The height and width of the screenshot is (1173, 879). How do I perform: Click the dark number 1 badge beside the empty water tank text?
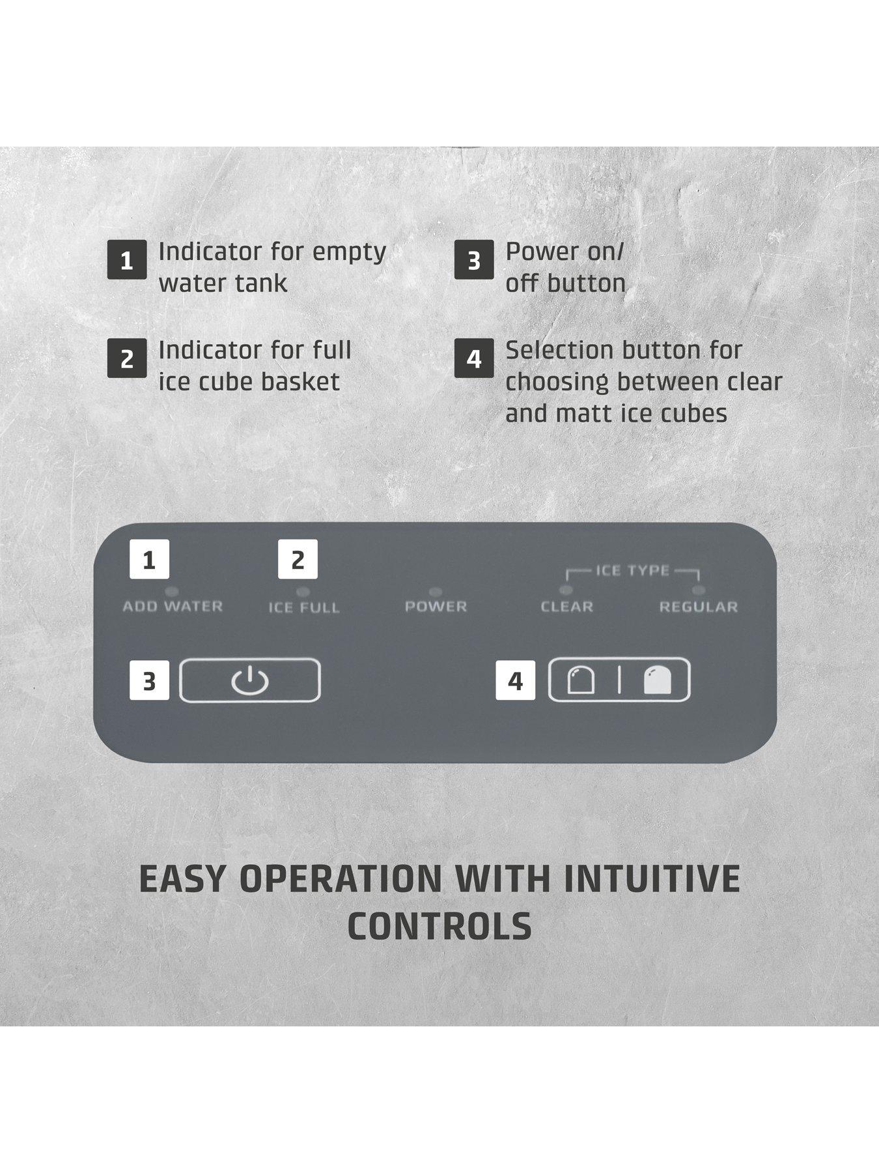127,260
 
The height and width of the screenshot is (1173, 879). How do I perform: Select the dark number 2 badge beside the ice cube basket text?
127,358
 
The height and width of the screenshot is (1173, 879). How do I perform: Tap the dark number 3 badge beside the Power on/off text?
474,260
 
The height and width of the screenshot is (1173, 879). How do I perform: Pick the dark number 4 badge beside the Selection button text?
474,358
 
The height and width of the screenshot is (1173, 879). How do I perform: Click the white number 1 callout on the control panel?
149,559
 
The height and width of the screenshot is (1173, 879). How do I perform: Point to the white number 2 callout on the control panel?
298,559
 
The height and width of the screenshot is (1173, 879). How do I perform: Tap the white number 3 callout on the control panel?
149,680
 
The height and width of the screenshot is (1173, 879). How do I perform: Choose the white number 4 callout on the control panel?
515,680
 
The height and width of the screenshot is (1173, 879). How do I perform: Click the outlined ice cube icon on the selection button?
581,680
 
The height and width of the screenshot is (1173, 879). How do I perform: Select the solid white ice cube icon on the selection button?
657,680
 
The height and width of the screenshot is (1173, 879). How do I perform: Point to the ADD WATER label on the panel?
173,606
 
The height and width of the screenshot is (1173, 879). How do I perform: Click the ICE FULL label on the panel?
304,607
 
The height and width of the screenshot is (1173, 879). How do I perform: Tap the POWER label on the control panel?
436,607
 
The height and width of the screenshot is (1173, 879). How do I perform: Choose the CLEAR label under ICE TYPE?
567,607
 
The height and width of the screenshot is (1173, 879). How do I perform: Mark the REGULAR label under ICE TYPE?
699,607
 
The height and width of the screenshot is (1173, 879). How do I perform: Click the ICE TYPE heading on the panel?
632,571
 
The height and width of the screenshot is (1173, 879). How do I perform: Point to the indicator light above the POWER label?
436,592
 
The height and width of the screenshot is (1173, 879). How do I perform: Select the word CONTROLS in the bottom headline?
439,925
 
